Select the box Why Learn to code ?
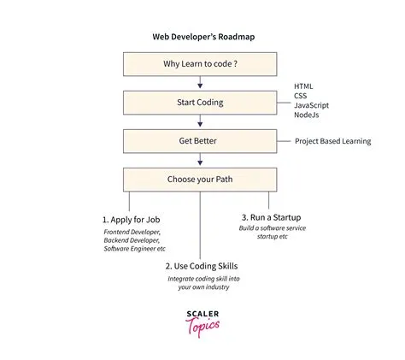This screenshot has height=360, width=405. tap(199, 65)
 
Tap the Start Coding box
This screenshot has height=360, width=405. tap(199, 103)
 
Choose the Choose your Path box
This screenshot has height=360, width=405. tap(199, 180)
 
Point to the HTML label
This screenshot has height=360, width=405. tap(304, 86)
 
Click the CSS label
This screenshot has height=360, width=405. tap(302, 97)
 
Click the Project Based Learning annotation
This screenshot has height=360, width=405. tap(333, 141)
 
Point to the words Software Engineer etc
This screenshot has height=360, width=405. tap(135, 249)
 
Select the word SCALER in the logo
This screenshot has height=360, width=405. tap(200, 315)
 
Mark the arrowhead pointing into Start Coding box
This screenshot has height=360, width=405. tap(199, 86)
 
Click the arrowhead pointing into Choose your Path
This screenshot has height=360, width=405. tap(199, 163)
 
